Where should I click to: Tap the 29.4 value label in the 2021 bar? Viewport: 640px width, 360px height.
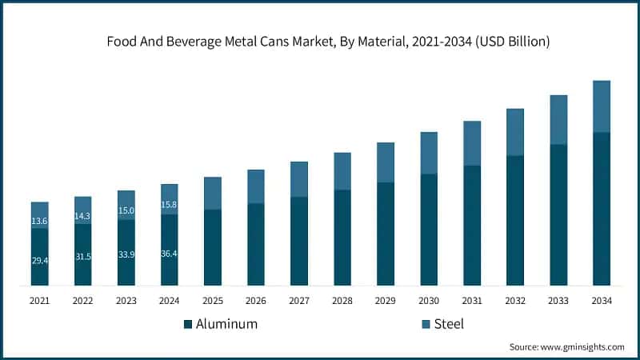(x=40, y=261)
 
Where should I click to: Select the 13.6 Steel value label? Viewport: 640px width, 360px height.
(x=40, y=221)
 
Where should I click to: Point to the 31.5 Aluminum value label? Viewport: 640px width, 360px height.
(x=83, y=257)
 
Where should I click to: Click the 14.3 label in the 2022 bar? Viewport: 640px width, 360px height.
(x=83, y=216)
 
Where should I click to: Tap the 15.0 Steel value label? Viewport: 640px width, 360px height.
(x=126, y=211)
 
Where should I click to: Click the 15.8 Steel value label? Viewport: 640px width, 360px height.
(x=170, y=205)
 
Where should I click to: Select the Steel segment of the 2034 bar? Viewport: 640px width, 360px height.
(x=602, y=106)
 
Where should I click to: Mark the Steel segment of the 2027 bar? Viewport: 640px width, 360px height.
(x=299, y=179)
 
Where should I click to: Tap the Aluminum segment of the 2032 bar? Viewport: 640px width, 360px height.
(x=515, y=220)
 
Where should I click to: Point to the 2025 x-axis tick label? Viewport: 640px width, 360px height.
(x=213, y=301)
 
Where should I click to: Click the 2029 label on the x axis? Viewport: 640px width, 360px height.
(x=386, y=301)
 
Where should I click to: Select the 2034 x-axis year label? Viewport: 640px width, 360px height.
(x=602, y=301)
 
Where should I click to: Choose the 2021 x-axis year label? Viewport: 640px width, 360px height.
(x=40, y=301)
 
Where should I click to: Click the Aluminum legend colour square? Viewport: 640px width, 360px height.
(x=188, y=324)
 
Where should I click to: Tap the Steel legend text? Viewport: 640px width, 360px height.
(x=449, y=324)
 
